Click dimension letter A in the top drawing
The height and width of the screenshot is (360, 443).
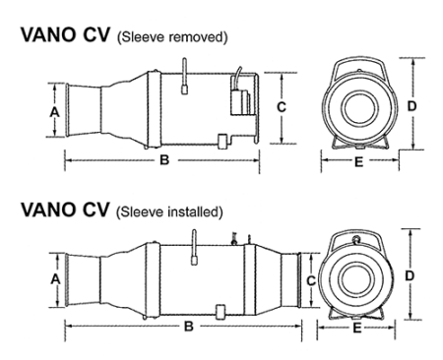(x=54, y=112)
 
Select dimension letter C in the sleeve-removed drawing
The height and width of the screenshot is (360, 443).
(x=283, y=106)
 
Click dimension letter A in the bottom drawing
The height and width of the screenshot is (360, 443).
(x=54, y=278)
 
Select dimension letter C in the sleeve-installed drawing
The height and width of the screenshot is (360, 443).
(x=311, y=279)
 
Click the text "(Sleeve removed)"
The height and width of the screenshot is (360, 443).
(x=177, y=36)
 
